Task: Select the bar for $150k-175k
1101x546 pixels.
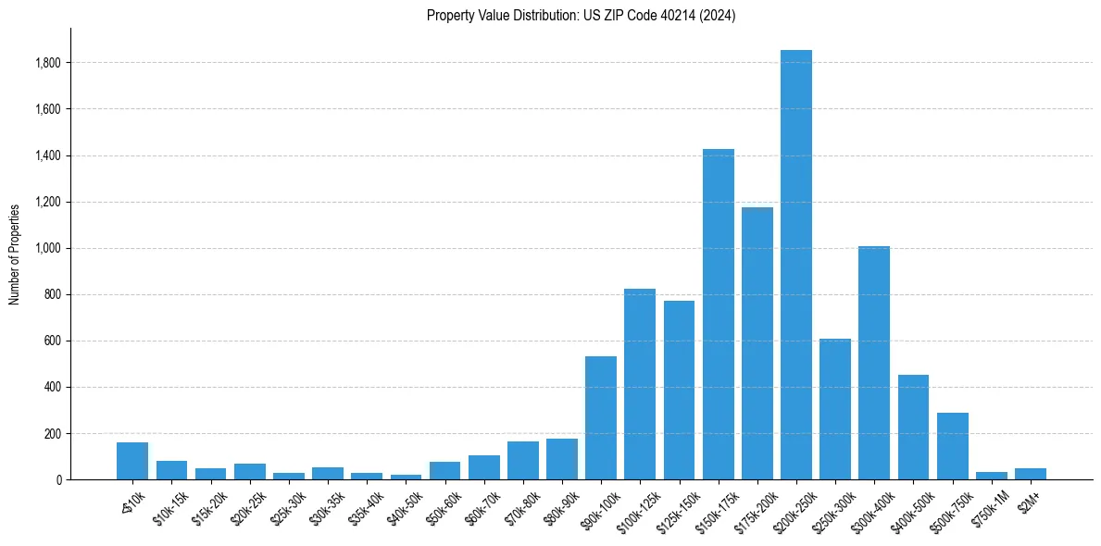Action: [718, 315]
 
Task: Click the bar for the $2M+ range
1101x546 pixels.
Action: [1030, 474]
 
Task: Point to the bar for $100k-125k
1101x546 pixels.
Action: [640, 384]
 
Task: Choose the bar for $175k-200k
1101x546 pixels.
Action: [757, 343]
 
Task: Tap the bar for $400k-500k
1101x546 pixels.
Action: [913, 427]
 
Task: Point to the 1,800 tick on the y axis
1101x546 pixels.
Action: [48, 63]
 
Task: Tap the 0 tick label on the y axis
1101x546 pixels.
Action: [58, 479]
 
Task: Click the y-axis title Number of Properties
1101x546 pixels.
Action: [15, 254]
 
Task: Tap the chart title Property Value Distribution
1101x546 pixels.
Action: [581, 16]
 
